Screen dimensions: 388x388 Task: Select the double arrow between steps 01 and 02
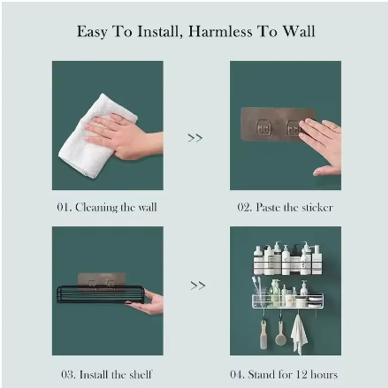[x=195, y=138]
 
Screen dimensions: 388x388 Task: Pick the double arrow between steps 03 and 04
[x=198, y=286]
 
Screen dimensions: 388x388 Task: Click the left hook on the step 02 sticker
[x=263, y=127]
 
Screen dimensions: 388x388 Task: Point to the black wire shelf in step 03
[x=100, y=294]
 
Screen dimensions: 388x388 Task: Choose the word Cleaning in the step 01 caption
[x=97, y=208]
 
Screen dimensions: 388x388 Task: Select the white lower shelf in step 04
[x=288, y=301]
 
